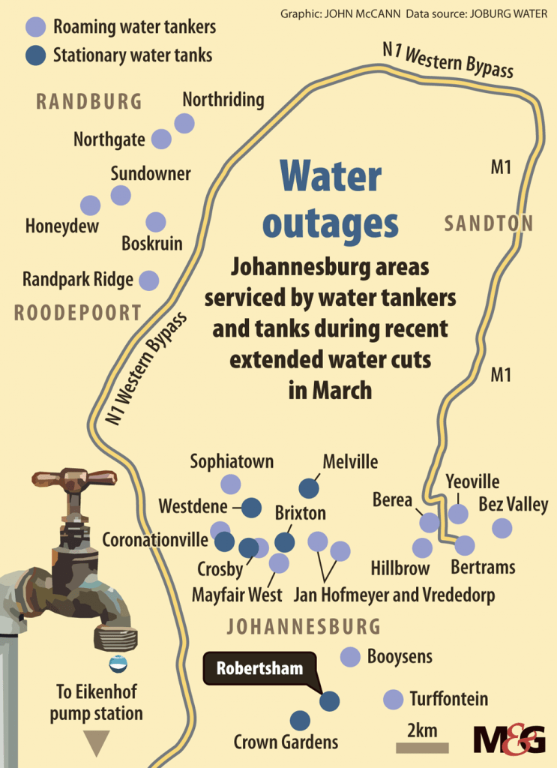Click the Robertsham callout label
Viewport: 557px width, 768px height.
260,667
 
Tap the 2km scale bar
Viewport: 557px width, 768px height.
422,747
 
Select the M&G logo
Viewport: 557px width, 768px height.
510,739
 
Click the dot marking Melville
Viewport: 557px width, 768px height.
309,488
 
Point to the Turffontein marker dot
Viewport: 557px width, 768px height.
393,700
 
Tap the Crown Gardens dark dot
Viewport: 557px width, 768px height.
301,721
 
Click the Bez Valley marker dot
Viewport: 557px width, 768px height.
502,529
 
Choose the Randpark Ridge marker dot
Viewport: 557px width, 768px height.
149,280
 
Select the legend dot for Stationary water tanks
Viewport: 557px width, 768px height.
35,55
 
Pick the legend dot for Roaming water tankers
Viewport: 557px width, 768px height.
35,28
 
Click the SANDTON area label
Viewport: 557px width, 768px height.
488,223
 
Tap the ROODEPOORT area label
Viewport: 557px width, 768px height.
77,313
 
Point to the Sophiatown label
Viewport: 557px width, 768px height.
232,461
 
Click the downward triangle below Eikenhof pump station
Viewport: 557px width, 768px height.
96,743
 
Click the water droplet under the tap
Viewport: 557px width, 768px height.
118,663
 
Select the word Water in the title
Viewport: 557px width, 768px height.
331,178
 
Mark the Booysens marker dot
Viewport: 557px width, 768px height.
350,657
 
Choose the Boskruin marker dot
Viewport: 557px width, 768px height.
155,222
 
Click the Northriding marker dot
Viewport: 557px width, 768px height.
184,123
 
